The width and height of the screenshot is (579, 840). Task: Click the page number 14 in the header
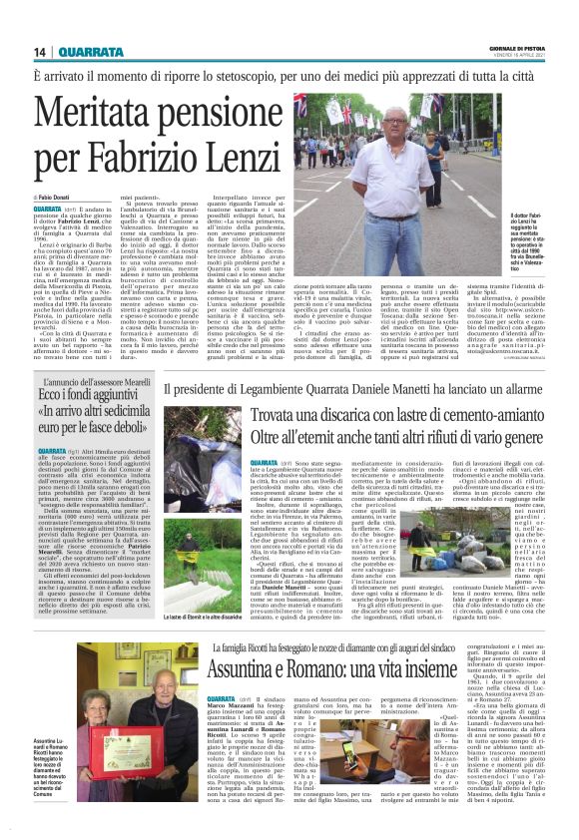(x=40, y=53)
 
